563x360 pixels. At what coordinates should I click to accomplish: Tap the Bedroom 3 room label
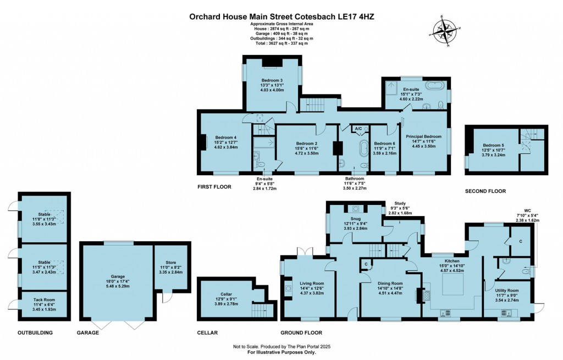click(x=272, y=81)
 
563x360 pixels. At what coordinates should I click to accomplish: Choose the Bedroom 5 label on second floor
click(x=486, y=145)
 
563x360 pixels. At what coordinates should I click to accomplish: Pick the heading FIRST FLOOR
click(x=214, y=187)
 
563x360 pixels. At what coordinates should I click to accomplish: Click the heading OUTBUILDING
click(x=35, y=333)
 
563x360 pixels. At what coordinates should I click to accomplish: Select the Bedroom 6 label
click(x=384, y=143)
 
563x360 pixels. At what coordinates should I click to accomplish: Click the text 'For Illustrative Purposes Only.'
click(x=281, y=352)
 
